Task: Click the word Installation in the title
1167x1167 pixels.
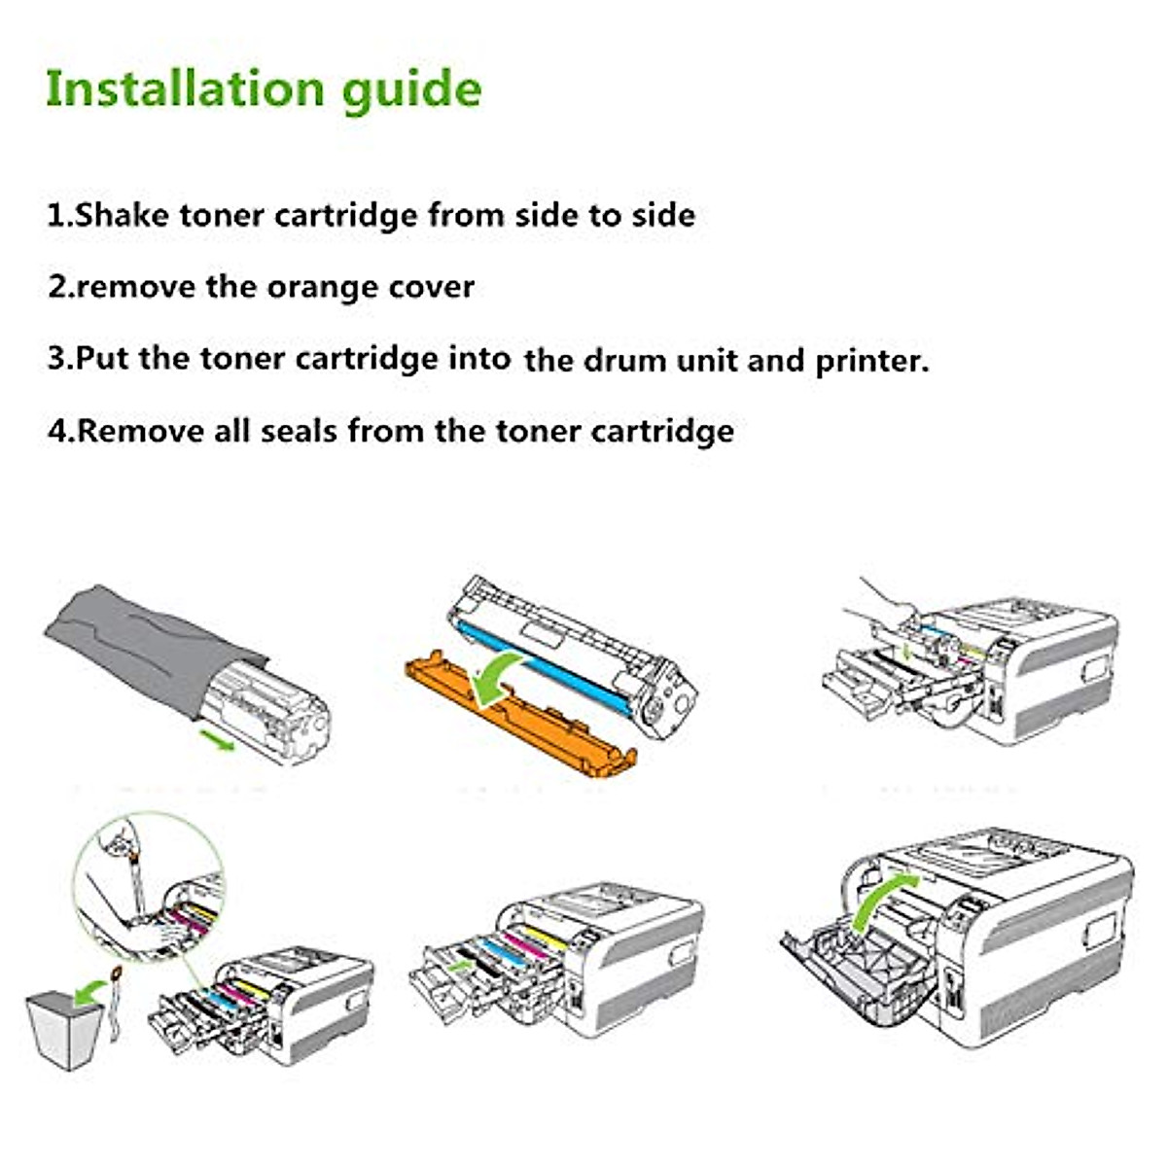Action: [x=186, y=88]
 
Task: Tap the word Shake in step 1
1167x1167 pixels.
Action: [x=122, y=215]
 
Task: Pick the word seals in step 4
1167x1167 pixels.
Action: [x=298, y=431]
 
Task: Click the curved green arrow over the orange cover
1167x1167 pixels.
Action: [x=497, y=675]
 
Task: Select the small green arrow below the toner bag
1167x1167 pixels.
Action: [x=217, y=739]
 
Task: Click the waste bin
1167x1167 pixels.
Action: [x=65, y=1029]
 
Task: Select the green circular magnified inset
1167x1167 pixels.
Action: [x=150, y=885]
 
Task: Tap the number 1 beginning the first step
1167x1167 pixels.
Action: [x=56, y=216]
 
